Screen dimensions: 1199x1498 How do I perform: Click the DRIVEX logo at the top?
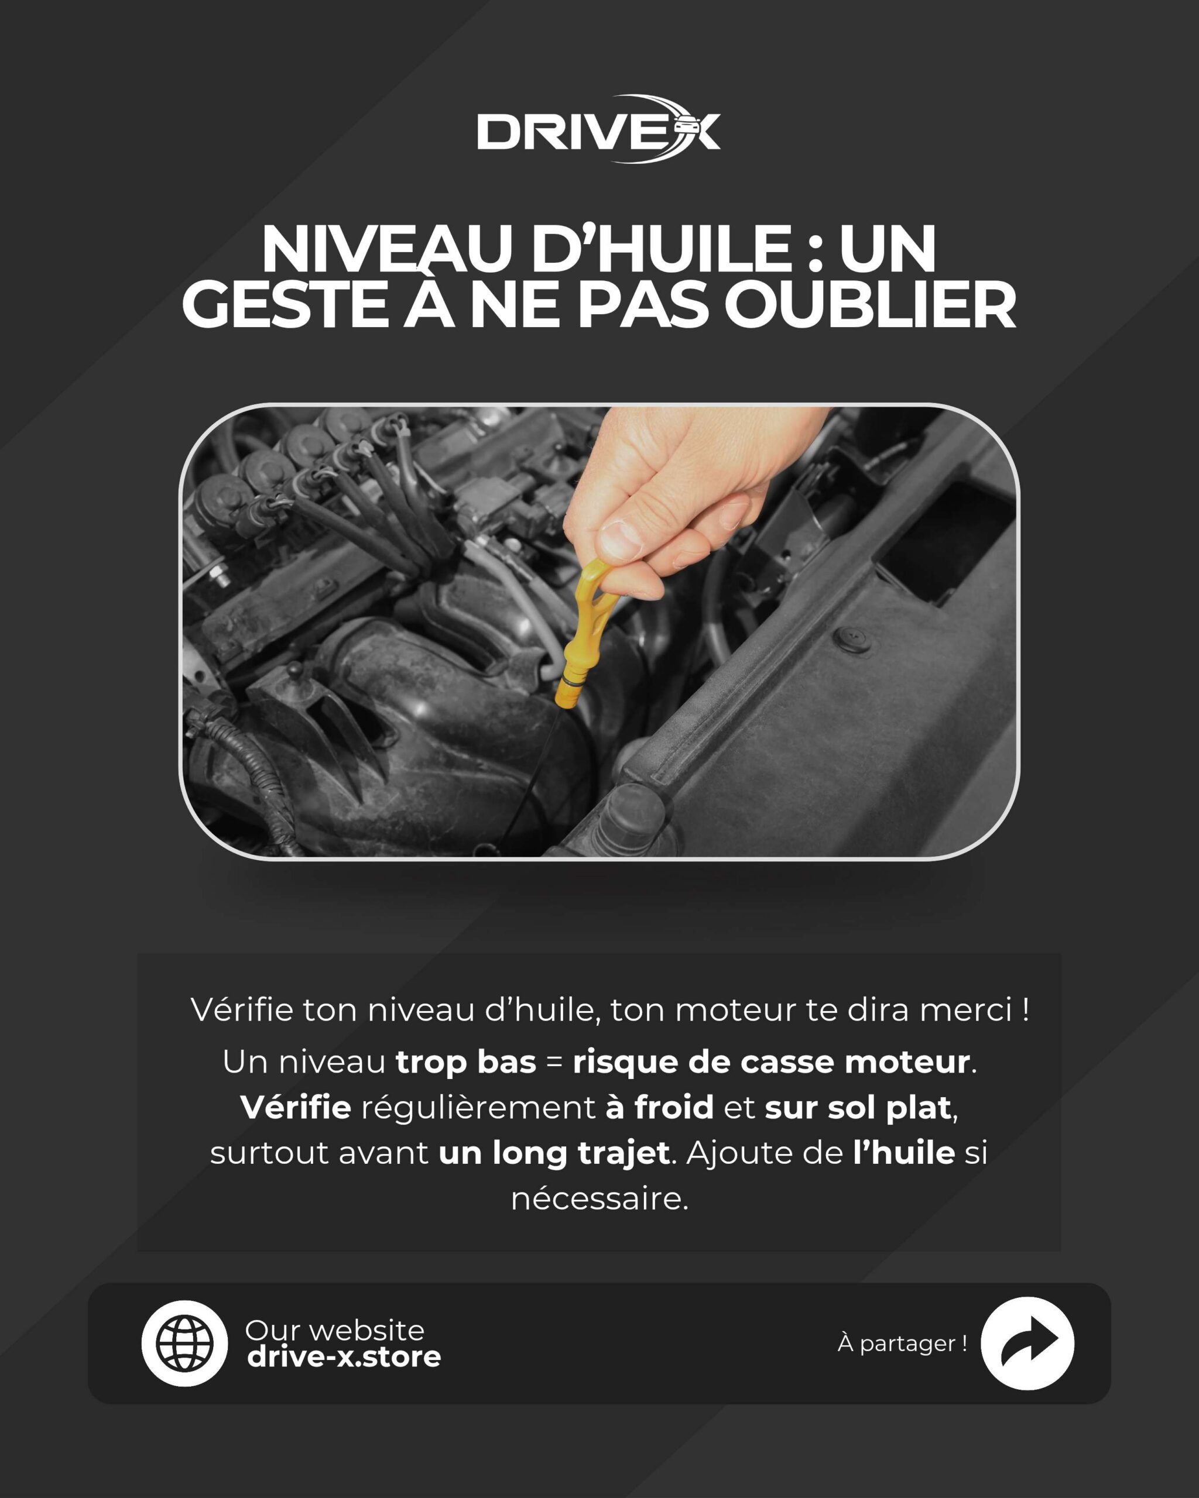pyautogui.click(x=598, y=129)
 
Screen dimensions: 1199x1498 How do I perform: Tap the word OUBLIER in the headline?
pyautogui.click(x=870, y=304)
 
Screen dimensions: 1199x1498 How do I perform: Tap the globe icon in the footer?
pyautogui.click(x=184, y=1343)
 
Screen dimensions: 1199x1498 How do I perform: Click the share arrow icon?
pyautogui.click(x=1027, y=1343)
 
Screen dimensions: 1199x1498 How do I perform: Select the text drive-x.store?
pyautogui.click(x=344, y=1356)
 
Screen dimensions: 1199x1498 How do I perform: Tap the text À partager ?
pyautogui.click(x=902, y=1343)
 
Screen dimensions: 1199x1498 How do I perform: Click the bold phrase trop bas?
pyautogui.click(x=465, y=1061)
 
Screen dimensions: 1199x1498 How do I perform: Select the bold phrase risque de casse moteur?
pyautogui.click(x=772, y=1061)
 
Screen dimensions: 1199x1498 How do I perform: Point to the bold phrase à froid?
pyautogui.click(x=660, y=1108)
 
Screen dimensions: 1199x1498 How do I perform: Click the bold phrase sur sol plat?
pyautogui.click(x=858, y=1108)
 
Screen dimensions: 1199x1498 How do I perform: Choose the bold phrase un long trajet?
pyautogui.click(x=554, y=1153)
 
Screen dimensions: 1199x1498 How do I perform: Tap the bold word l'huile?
pyautogui.click(x=903, y=1153)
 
